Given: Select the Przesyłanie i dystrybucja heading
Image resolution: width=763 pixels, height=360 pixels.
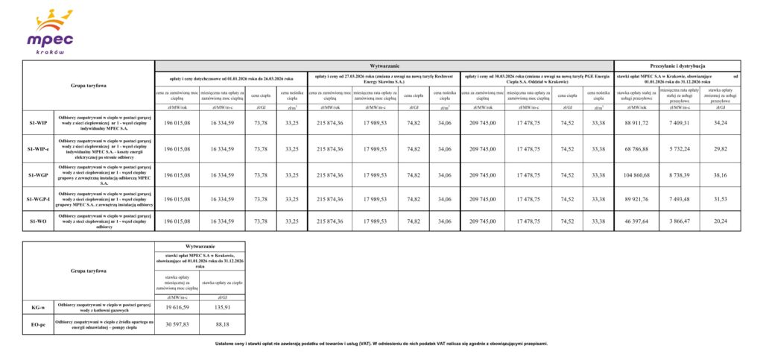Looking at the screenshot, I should pos(677,66).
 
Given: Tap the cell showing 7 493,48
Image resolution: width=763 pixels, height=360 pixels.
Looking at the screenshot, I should pos(680,199).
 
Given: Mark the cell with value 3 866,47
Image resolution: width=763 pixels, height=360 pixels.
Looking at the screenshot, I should pos(680,221).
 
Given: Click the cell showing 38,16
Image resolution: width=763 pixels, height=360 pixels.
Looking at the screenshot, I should pos(721,174).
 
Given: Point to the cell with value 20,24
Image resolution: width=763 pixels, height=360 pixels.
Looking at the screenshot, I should pos(721,221).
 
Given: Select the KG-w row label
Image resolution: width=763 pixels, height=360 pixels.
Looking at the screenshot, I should pos(39,306).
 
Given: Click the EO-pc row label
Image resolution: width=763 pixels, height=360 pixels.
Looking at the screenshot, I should pos(39,324).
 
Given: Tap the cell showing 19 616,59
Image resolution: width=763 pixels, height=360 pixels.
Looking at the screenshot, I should pos(177,306).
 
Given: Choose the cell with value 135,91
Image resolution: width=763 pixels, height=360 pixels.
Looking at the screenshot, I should pos(222,306).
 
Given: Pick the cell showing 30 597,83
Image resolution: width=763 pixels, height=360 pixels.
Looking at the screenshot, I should pos(177,324).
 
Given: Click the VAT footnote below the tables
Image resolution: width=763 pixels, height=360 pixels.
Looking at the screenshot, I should pos(381,344).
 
